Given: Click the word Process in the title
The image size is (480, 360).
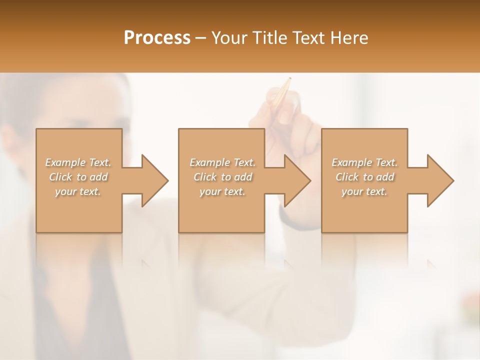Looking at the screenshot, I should tap(157, 38).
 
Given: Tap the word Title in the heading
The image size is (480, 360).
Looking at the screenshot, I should tap(270, 38).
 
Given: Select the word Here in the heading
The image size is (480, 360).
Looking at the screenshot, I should tap(349, 38).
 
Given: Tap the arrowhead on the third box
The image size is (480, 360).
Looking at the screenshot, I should tap(440, 180).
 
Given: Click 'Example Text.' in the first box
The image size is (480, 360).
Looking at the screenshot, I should tap(78, 162).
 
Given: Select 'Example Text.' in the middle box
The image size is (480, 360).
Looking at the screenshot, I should tap(222, 162).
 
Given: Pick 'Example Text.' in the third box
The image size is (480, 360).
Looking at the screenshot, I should tap(364, 162).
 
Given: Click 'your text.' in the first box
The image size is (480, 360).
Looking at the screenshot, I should tap(78, 191).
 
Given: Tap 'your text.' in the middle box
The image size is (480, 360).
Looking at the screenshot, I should tap(222, 191).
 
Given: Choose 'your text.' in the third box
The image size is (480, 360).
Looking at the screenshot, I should tap(364, 191).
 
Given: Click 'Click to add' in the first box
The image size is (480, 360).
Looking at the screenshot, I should tap(78, 177).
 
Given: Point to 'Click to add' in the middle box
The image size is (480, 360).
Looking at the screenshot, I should tap(222, 177).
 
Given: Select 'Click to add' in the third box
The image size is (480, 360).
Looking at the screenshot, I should tap(364, 177).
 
